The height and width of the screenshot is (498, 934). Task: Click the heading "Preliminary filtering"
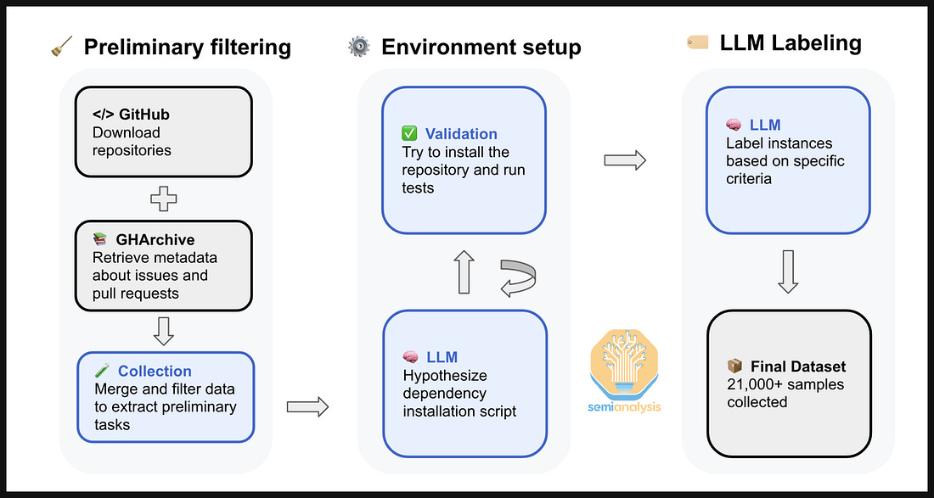[187, 47]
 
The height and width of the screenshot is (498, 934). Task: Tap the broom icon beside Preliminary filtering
[58, 48]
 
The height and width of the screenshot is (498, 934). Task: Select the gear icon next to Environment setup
[358, 47]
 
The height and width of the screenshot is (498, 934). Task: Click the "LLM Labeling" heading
[791, 42]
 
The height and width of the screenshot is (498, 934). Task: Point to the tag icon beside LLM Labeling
[697, 42]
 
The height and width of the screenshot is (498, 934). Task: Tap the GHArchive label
[155, 240]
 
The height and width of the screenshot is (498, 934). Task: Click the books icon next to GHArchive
[101, 240]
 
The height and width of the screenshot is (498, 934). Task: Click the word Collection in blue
[155, 371]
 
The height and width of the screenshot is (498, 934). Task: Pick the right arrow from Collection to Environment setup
[307, 407]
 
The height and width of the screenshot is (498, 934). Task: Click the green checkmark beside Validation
[410, 134]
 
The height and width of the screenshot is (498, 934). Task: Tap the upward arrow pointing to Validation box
[463, 272]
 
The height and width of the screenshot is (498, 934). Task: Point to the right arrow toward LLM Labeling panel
[625, 159]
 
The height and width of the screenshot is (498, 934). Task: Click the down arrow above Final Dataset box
[787, 272]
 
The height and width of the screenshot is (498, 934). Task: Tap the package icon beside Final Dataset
[735, 367]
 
